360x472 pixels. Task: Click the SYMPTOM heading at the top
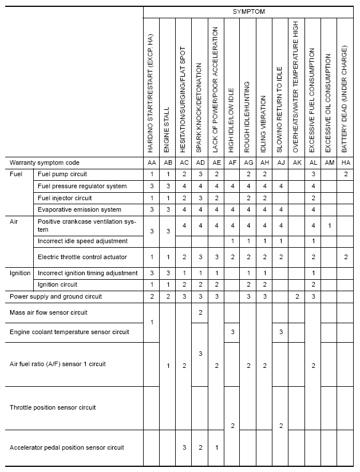[248, 11]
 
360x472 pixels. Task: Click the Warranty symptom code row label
[45, 162]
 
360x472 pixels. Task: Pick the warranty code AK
[296, 162]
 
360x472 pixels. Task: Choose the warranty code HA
[345, 162]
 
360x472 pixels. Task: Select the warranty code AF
[232, 162]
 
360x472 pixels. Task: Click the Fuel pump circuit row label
[62, 174]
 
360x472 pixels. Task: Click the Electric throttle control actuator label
[82, 257]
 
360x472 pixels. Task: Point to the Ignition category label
[20, 273]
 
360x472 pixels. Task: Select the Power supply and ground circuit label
[56, 296]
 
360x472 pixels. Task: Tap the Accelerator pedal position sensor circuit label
[67, 447]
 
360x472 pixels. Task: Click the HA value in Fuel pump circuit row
[345, 174]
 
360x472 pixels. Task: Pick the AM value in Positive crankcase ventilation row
[329, 225]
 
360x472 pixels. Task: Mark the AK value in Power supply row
[296, 296]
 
